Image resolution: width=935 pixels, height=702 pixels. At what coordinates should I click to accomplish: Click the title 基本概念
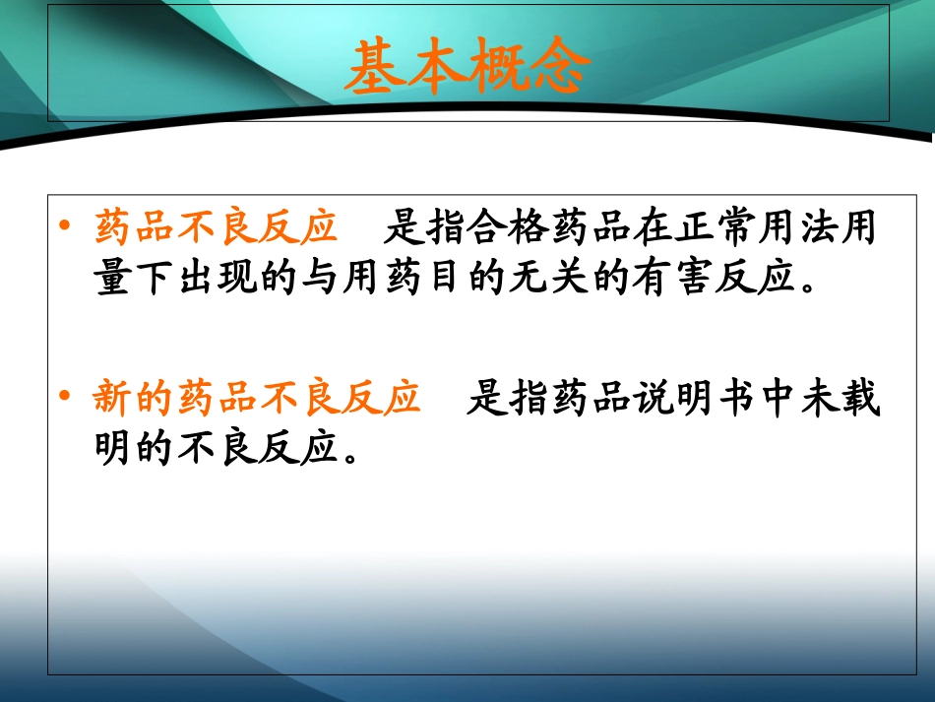tap(468, 66)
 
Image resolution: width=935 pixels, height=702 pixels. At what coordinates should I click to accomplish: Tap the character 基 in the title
tap(376, 67)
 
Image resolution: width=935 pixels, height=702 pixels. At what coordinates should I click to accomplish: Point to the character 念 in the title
tap(561, 66)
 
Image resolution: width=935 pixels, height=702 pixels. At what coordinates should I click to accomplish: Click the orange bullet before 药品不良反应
tap(64, 224)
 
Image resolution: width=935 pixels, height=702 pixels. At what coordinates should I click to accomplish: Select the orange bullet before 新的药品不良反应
tap(64, 395)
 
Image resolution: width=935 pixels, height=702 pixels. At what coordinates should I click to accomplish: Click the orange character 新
tap(112, 397)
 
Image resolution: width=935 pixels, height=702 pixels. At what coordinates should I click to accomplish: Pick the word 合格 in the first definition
tap(487, 227)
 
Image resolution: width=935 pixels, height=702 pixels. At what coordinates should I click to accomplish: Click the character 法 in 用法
tap(818, 227)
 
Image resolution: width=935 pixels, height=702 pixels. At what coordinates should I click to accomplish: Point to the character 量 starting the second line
tap(113, 278)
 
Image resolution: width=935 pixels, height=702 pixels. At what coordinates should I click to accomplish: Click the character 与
tap(320, 278)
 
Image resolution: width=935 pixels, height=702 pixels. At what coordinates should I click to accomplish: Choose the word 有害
tap(673, 278)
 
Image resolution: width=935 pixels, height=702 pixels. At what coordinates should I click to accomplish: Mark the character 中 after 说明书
tap(779, 397)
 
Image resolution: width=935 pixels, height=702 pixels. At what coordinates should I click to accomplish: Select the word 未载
tap(841, 397)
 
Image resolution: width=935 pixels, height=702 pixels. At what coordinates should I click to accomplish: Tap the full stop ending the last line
tap(351, 458)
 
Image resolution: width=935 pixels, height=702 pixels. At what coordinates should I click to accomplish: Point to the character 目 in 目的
tap(444, 278)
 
